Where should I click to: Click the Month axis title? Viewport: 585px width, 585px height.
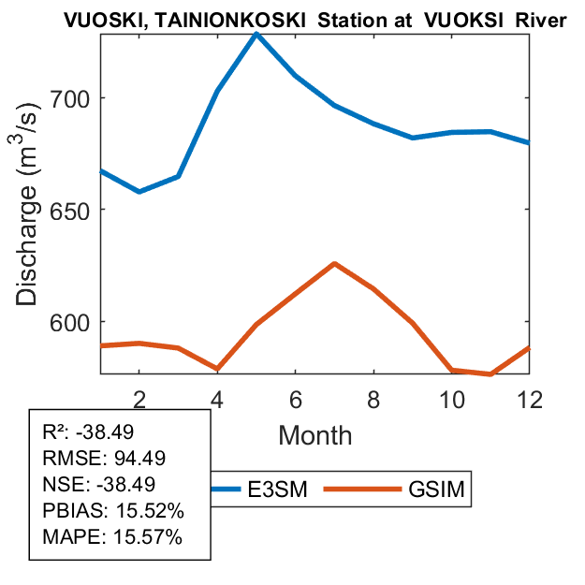315,435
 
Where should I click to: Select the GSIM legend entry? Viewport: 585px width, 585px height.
435,489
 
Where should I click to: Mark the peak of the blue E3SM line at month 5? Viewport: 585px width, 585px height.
256,34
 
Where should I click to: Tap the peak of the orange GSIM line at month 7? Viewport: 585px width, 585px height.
334,264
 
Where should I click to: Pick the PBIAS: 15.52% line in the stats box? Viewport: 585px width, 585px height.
112,511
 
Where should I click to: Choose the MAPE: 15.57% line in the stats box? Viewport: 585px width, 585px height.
112,537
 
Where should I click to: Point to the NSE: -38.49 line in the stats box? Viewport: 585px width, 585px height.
98,485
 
